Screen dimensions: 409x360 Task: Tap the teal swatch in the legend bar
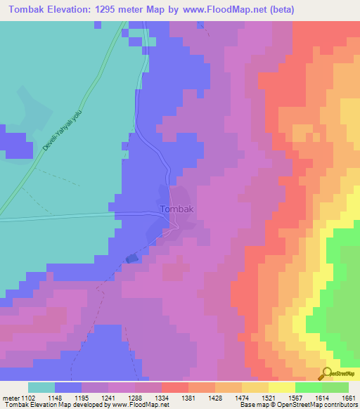pyautogui.click(x=41, y=387)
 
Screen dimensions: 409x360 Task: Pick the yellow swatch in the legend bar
pyautogui.click(x=281, y=387)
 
